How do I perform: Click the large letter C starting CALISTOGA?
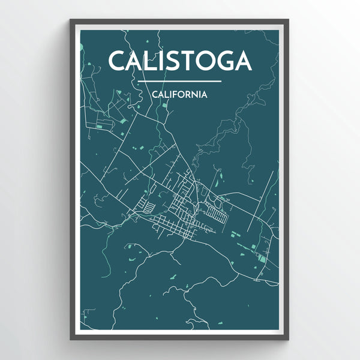(118, 61)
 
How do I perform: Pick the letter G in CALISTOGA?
(226, 61)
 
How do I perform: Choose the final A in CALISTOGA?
(243, 61)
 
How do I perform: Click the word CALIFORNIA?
(180, 94)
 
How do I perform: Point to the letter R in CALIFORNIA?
(188, 94)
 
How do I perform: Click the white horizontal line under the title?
(179, 81)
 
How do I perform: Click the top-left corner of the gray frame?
(71, 20)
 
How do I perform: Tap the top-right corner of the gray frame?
(289, 20)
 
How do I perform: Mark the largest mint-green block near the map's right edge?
(262, 259)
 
